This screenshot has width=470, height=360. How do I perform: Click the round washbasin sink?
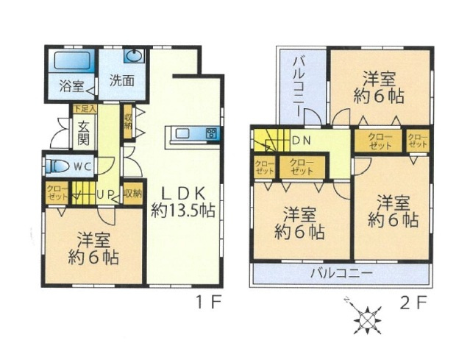coord(135,56)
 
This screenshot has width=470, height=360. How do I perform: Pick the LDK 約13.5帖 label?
coord(182,200)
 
